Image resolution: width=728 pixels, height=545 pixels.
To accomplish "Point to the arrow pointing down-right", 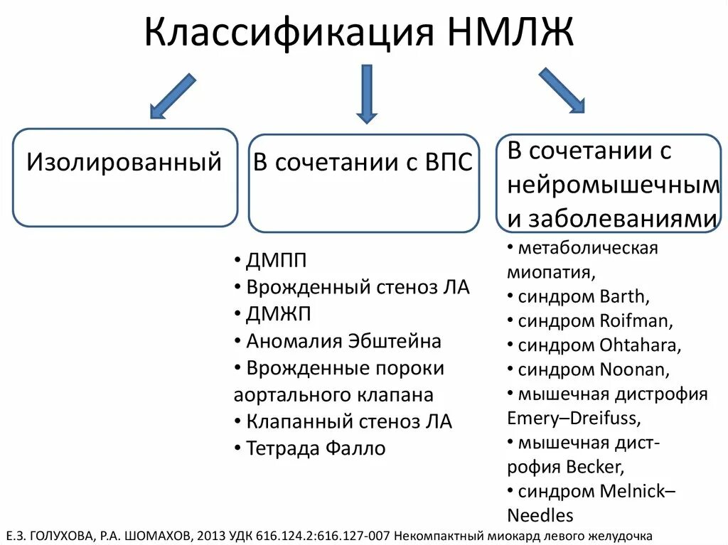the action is point(562,90).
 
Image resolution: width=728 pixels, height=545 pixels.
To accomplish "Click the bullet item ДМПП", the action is point(277,261).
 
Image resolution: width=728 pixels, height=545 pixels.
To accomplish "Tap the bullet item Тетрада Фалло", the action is point(316,448).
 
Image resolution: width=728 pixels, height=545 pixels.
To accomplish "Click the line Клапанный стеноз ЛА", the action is point(348,421).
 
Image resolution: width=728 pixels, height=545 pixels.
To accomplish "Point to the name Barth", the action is point(623,296).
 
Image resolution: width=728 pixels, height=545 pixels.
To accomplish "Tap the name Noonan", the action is point(633,369).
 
